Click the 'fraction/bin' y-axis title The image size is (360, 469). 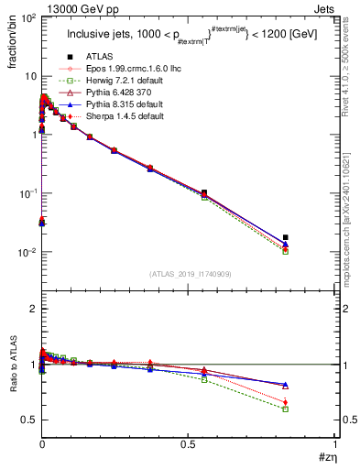(10, 38)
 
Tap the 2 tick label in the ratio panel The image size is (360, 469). (30, 310)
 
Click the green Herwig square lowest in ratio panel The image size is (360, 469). (286, 409)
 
